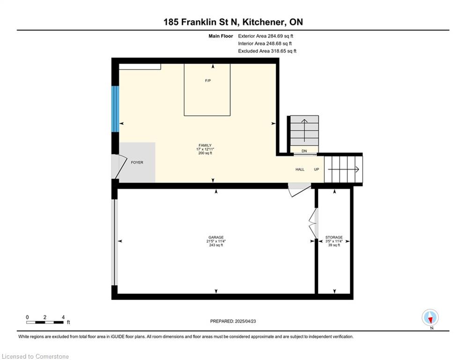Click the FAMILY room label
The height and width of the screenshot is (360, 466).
point(205,145)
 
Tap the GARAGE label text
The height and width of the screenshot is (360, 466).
point(216,237)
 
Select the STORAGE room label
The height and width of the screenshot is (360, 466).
point(334,237)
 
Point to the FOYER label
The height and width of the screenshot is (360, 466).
point(137,163)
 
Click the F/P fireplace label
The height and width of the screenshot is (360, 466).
point(208,81)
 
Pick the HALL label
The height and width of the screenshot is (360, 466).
point(300,169)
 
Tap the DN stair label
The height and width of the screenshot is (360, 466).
point(304,151)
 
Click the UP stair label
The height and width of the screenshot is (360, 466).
point(317,169)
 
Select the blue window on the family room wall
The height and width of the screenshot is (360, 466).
point(115,109)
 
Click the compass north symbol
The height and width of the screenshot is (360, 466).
point(430,317)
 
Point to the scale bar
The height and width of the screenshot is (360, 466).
point(44,322)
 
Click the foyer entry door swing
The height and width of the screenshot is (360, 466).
point(119,166)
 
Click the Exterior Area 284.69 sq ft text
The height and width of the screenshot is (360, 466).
point(266,36)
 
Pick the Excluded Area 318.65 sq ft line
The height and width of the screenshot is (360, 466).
point(267,51)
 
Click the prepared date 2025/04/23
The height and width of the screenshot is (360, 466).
point(245,321)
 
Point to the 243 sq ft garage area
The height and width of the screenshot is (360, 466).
point(216,245)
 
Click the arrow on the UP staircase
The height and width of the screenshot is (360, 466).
point(343,170)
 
